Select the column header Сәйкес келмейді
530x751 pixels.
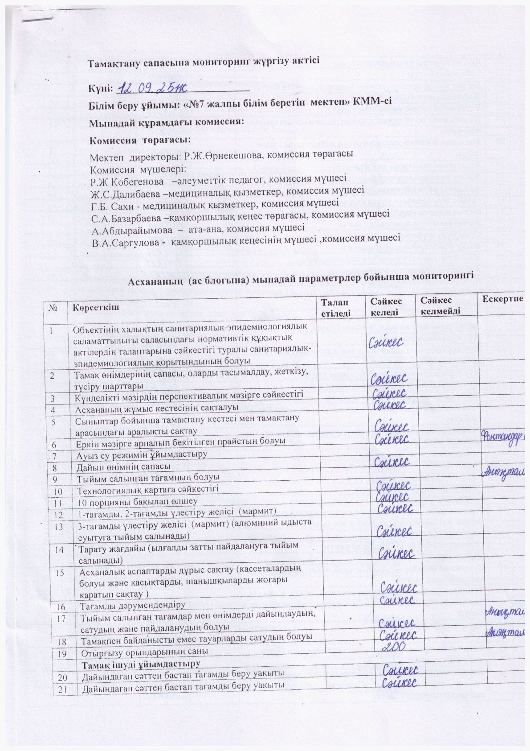440,306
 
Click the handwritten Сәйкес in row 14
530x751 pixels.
396,553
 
